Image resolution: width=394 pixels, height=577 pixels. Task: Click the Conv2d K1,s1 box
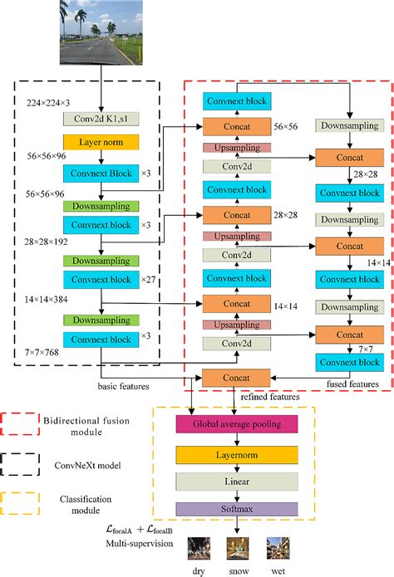[x=100, y=119]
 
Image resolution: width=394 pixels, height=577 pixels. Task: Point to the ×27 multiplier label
[x=147, y=280]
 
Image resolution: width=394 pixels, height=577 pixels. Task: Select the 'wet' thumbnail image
[x=277, y=548]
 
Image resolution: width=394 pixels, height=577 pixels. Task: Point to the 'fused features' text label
[x=353, y=385]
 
